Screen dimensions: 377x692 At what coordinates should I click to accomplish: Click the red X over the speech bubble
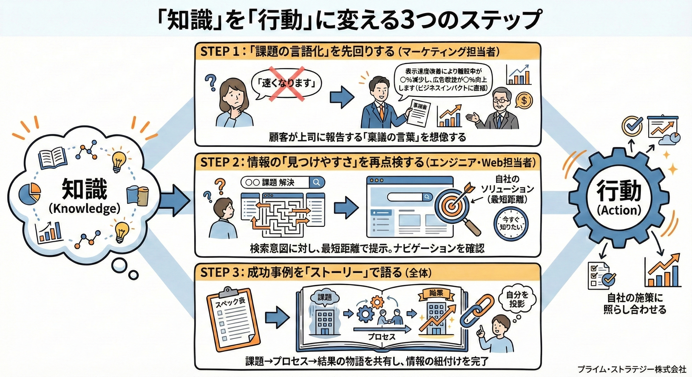click(x=287, y=84)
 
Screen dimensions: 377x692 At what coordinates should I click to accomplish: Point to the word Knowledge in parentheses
click(x=84, y=209)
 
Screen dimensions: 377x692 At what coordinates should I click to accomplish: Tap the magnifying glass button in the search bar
click(x=317, y=182)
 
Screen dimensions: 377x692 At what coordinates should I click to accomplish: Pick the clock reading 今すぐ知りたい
click(x=511, y=224)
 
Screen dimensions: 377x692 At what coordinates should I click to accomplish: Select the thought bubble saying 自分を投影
click(x=517, y=300)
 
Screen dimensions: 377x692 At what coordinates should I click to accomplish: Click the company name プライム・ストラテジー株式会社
click(x=632, y=369)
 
